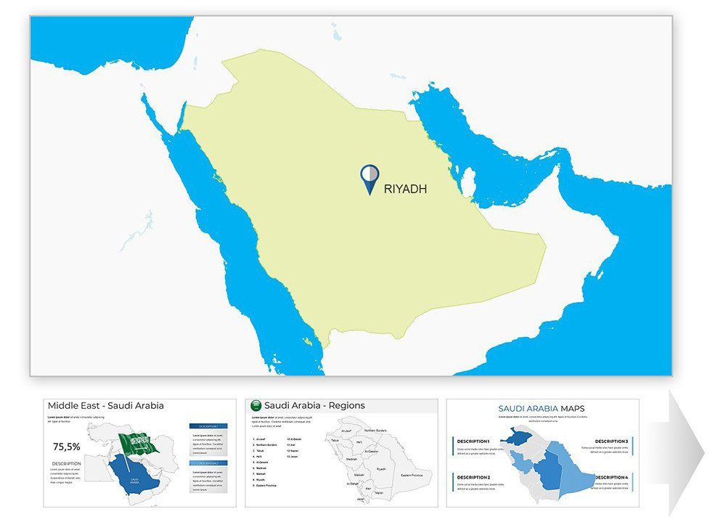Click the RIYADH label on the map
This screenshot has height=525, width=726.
405,189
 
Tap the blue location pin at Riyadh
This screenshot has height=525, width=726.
369,178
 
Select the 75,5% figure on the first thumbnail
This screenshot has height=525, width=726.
67,447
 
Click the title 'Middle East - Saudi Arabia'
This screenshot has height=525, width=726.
106,406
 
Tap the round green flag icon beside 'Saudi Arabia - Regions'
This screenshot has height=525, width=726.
256,406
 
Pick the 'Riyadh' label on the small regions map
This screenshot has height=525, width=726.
380,469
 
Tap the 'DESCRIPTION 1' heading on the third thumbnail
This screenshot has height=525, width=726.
474,441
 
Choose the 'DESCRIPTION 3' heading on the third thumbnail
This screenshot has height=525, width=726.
611,441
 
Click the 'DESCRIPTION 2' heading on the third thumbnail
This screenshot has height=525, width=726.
474,477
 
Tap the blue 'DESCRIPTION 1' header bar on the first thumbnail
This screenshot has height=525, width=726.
208,427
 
